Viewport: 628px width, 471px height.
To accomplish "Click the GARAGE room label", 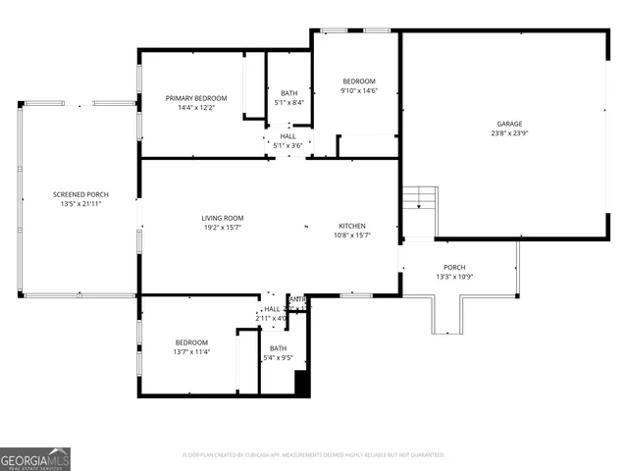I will click(x=508, y=124).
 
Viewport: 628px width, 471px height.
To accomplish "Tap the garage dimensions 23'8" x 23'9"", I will click(x=508, y=133).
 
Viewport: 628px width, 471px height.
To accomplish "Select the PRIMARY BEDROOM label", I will click(x=196, y=98).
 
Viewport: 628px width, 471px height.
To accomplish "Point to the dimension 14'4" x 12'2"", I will click(x=196, y=108).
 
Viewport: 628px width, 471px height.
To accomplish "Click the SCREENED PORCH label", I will click(x=80, y=194).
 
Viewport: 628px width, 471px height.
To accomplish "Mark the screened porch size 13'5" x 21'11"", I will click(x=80, y=204).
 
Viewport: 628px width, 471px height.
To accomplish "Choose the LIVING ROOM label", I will click(x=223, y=218).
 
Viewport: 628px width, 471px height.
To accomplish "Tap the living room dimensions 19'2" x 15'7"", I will click(x=223, y=228).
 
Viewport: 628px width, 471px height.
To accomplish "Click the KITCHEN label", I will click(x=352, y=226).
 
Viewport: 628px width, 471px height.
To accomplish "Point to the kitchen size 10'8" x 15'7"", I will click(x=352, y=235).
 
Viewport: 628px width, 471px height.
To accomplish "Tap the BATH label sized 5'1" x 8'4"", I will click(x=288, y=93).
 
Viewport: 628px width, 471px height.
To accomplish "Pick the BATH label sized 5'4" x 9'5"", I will click(x=279, y=348).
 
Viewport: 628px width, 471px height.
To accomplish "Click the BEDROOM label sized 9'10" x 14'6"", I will click(x=358, y=80).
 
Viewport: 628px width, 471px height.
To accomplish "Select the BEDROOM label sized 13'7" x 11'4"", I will click(x=190, y=341).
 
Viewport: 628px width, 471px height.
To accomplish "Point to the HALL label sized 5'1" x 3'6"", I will click(x=288, y=136).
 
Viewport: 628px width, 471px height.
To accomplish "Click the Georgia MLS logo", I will click(x=35, y=458).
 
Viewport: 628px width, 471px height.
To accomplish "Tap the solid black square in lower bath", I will click(x=302, y=385).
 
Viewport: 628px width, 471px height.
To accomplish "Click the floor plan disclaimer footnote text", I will click(x=314, y=455).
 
